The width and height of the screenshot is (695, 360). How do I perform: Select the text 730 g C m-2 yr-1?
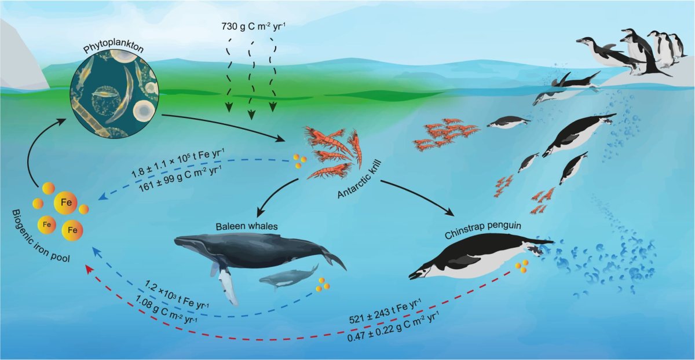[x=254, y=27]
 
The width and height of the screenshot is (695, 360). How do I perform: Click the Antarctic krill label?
[x=359, y=180]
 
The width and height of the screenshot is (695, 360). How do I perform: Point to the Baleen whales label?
[x=247, y=226]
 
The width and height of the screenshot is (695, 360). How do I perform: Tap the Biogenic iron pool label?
[x=40, y=236]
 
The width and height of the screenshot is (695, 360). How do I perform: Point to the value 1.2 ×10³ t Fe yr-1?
[x=177, y=294]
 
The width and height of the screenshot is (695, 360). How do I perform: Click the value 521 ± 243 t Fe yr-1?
[x=385, y=311]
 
